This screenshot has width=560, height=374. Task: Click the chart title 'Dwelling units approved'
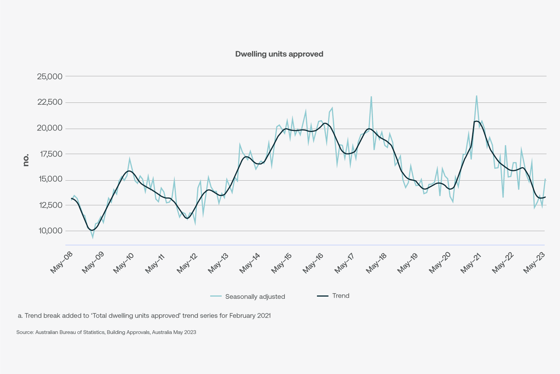(279, 54)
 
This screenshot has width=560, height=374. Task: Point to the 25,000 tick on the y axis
(50, 77)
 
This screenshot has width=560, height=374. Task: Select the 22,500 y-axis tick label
(50, 102)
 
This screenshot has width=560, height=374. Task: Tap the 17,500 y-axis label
(50, 154)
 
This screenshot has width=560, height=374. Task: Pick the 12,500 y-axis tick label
(50, 205)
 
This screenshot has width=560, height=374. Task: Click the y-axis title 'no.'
(26, 160)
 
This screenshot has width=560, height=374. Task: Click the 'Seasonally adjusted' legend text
(255, 297)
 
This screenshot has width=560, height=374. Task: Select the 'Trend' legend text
(341, 296)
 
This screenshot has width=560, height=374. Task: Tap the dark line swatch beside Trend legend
(323, 296)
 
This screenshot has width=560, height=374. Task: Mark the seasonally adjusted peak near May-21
(476, 96)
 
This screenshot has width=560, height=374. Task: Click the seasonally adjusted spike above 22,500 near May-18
(371, 96)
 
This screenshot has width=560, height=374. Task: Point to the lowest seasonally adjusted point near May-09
(93, 237)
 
